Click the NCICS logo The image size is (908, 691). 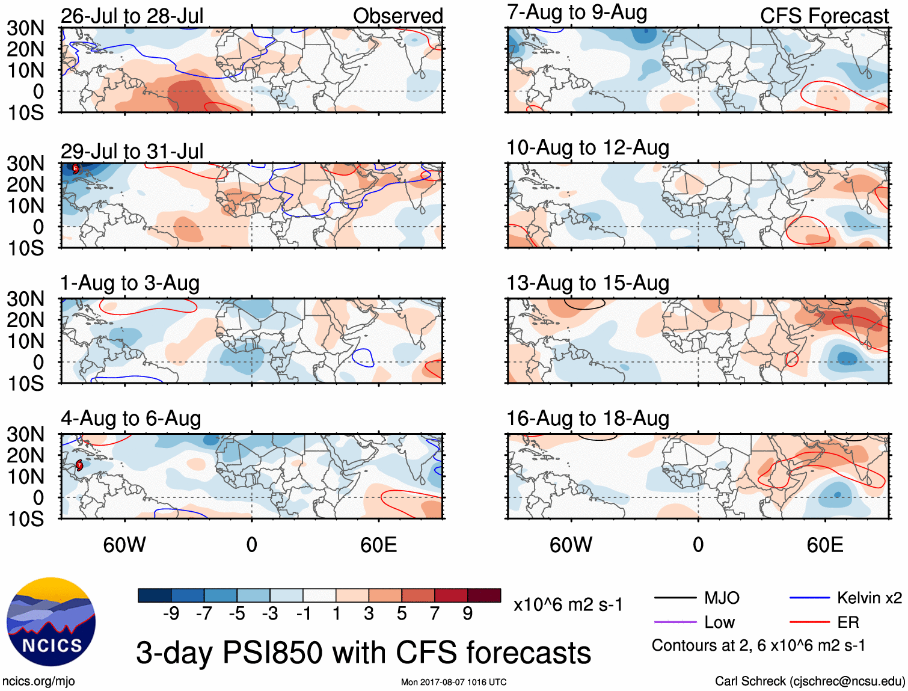[x=51, y=622]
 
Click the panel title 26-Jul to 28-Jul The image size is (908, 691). [x=132, y=16]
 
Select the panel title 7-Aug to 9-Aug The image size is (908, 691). [x=577, y=13]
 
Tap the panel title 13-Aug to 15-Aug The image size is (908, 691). [x=587, y=283]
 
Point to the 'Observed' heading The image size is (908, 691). [x=397, y=16]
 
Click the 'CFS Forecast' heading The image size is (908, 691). [x=824, y=16]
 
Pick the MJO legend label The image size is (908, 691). [x=722, y=598]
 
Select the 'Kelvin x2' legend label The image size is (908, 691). [x=869, y=598]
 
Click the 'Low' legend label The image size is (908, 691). [x=719, y=622]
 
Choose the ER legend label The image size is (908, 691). [x=848, y=622]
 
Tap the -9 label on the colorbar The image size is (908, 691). [x=171, y=613]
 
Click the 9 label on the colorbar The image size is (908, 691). [x=468, y=613]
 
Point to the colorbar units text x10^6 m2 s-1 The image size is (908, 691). [x=568, y=605]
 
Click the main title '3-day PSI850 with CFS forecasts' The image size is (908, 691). [x=363, y=653]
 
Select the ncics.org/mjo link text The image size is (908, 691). [x=38, y=681]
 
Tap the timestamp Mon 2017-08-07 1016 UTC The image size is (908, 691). [x=453, y=682]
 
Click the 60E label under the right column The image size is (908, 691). [x=824, y=545]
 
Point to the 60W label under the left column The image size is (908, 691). [x=124, y=545]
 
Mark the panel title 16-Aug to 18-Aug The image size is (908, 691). [x=587, y=419]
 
